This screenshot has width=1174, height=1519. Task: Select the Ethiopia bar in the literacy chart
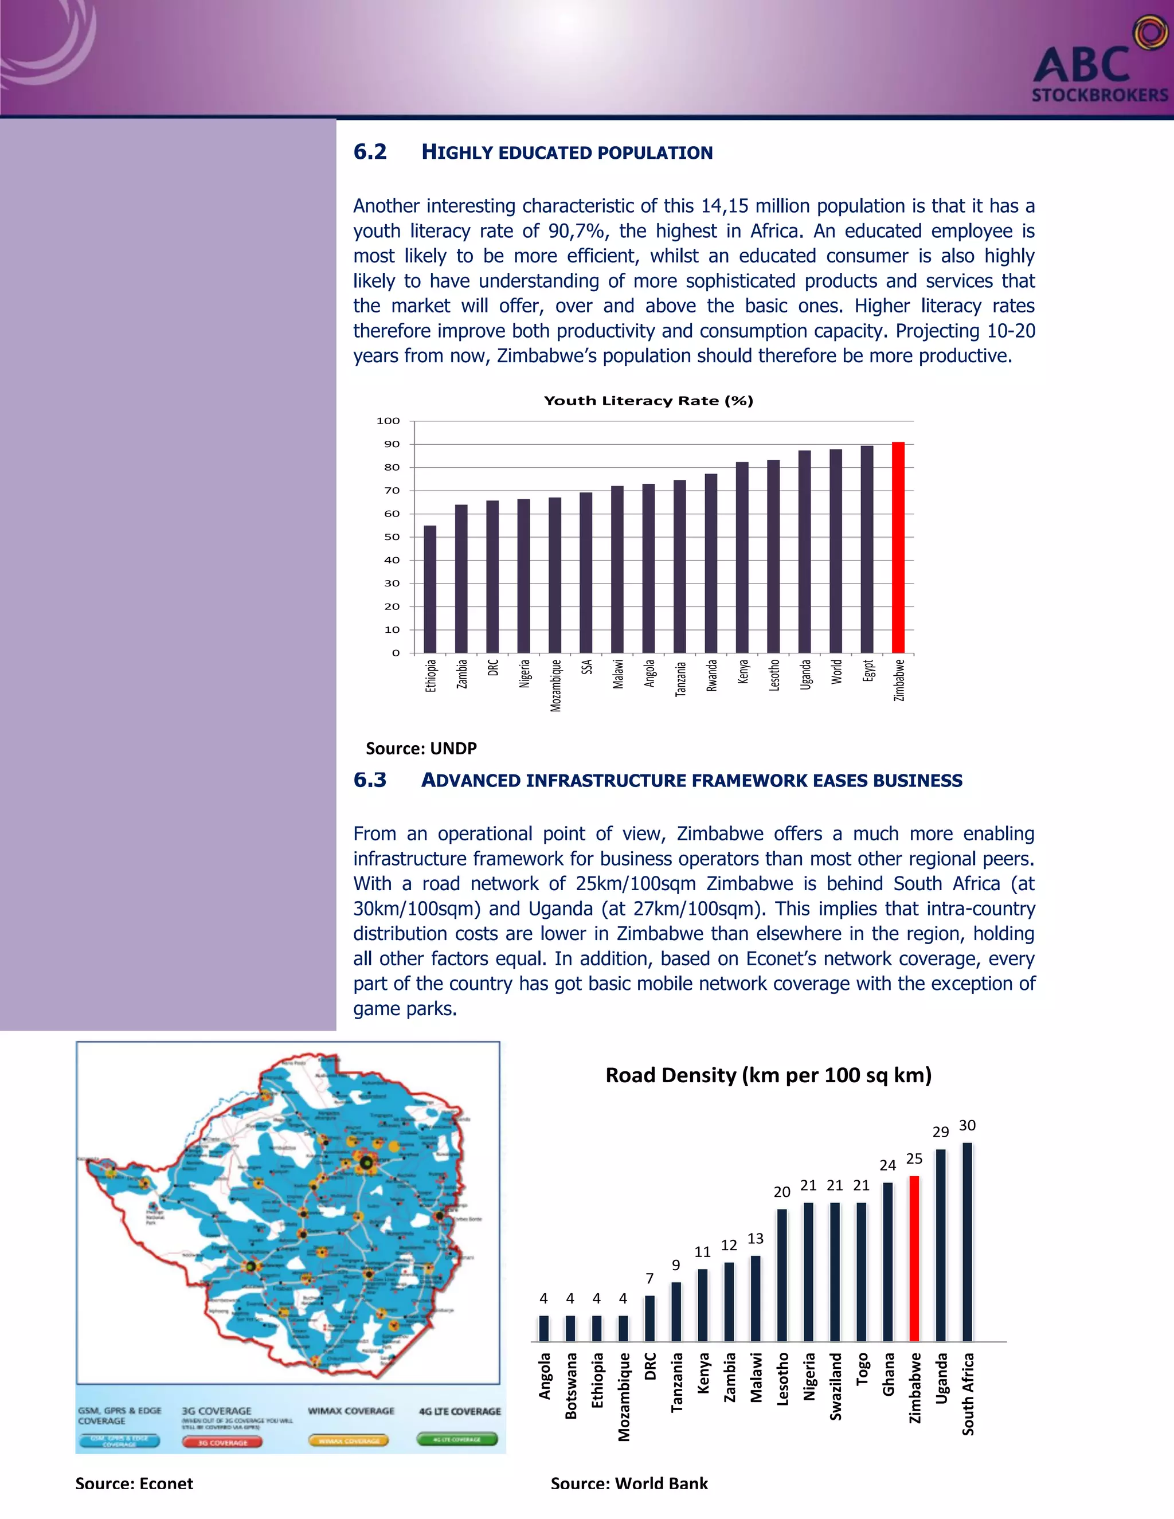(x=430, y=589)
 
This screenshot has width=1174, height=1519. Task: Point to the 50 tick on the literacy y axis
(x=392, y=537)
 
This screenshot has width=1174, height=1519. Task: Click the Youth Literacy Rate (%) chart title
(x=648, y=401)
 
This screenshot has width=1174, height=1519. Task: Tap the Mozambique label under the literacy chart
(x=555, y=686)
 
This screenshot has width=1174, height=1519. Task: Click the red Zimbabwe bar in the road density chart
(x=914, y=1258)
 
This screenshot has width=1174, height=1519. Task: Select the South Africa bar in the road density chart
(x=966, y=1242)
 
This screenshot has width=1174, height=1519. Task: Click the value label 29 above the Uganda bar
(x=940, y=1132)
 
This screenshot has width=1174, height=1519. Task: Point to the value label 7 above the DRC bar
(x=649, y=1278)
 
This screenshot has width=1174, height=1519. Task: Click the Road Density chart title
(x=768, y=1075)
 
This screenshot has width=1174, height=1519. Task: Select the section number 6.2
(x=370, y=152)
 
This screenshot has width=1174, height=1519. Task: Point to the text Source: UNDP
(x=421, y=749)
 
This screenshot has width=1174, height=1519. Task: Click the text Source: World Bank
(x=629, y=1483)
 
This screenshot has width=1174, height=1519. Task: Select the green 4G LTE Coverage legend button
(x=457, y=1439)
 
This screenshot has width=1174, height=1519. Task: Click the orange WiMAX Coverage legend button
(x=349, y=1440)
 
